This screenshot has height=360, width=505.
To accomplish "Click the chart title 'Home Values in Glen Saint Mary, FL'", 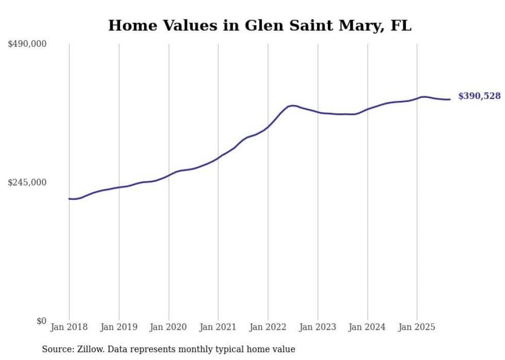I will pos(260,25).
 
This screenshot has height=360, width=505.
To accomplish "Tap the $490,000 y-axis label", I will pos(27,44).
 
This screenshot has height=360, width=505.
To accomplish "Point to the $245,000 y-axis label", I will pos(27,182).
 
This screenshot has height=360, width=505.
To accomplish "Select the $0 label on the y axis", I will pos(41,321).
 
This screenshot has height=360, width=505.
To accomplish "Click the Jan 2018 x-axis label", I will pos(69,327).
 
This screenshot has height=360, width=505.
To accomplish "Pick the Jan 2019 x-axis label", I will pos(119,327).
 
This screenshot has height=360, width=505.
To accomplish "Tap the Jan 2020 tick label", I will pos(169,327).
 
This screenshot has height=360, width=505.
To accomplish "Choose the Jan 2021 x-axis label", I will pos(218,327).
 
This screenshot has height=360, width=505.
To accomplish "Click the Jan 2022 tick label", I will pos(268,327).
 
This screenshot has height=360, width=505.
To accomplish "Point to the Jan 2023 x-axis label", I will pos(318,327).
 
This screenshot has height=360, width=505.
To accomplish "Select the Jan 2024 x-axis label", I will pos(367,327).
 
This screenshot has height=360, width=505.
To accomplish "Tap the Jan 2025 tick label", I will pos(417,327).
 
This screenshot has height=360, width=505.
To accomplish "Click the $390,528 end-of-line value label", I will pos(479,96).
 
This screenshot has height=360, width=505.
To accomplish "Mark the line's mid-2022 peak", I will pos(292,106).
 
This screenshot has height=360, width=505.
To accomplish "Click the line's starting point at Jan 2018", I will pos(69,199).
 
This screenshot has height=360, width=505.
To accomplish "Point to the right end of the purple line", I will pos(450,99).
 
